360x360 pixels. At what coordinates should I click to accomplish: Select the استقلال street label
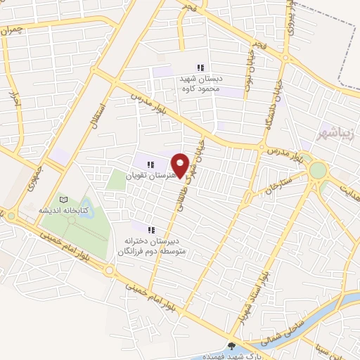(100, 113)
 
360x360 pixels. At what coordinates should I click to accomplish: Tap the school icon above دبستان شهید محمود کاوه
(200, 67)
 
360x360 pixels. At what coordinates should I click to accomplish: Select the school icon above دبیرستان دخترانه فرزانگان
(149, 229)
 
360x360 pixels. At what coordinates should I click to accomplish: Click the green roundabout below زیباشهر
(318, 170)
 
